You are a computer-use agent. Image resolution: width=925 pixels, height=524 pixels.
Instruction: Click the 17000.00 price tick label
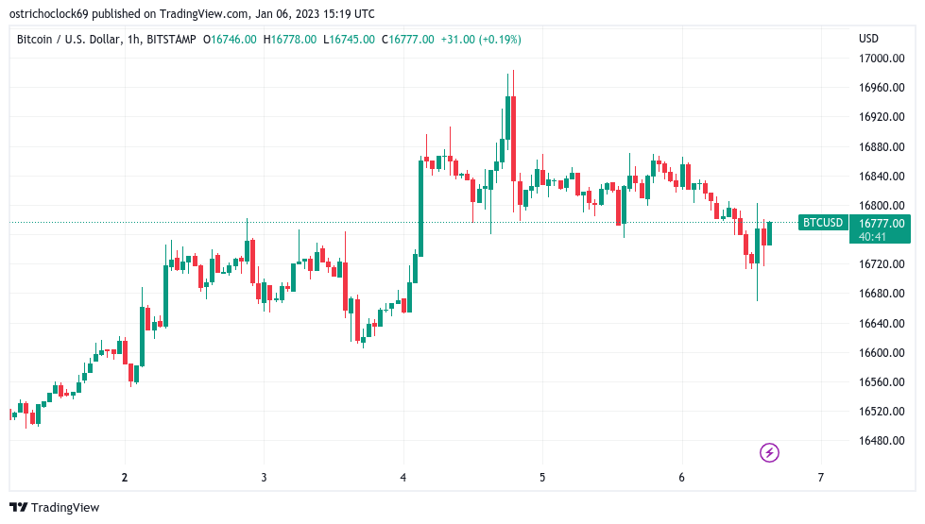[882, 59]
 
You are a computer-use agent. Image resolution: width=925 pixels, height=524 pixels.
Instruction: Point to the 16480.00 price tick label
[882, 441]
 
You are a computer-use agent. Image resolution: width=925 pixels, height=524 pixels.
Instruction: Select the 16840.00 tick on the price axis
[882, 177]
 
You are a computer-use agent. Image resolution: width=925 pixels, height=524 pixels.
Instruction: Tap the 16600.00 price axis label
[882, 352]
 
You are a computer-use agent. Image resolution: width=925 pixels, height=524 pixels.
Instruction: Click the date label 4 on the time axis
[403, 478]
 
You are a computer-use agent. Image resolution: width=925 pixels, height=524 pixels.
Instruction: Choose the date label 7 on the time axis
[820, 478]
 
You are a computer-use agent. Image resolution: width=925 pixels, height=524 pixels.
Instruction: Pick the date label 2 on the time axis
[125, 478]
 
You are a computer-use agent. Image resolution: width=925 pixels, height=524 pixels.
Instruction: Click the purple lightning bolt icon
[769, 452]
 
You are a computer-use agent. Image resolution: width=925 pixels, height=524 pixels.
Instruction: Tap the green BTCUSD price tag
[823, 223]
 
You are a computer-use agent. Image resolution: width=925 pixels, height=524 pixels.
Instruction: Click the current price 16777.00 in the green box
[882, 224]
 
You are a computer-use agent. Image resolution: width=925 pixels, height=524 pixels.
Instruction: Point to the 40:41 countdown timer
[872, 236]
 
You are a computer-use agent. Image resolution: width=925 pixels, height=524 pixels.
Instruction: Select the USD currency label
[868, 39]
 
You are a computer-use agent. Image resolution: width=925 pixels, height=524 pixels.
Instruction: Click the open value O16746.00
[230, 40]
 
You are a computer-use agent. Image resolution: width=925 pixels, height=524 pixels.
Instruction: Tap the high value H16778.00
[290, 40]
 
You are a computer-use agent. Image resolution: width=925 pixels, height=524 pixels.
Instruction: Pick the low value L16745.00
[349, 40]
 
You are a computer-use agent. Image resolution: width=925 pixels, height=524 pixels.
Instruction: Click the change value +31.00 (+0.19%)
[481, 40]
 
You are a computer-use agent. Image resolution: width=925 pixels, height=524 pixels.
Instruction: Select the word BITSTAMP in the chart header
[171, 40]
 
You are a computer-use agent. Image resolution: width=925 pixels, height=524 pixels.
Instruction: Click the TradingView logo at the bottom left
[54, 508]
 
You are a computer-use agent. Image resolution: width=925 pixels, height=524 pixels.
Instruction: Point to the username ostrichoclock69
[49, 13]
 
